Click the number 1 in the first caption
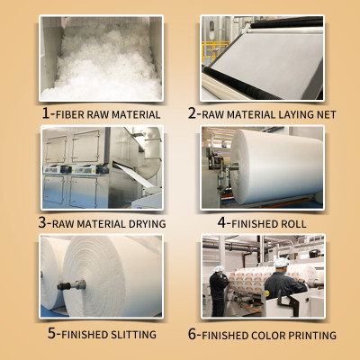point(47,114)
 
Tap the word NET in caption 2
point(327,115)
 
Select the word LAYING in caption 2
point(295,115)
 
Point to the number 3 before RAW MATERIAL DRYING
point(43,224)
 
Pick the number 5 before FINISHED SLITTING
point(52,334)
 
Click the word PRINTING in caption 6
point(311,336)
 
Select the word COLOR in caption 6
point(267,336)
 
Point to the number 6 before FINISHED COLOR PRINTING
point(192,334)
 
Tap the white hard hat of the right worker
point(281,262)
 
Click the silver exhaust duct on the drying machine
point(148,144)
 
